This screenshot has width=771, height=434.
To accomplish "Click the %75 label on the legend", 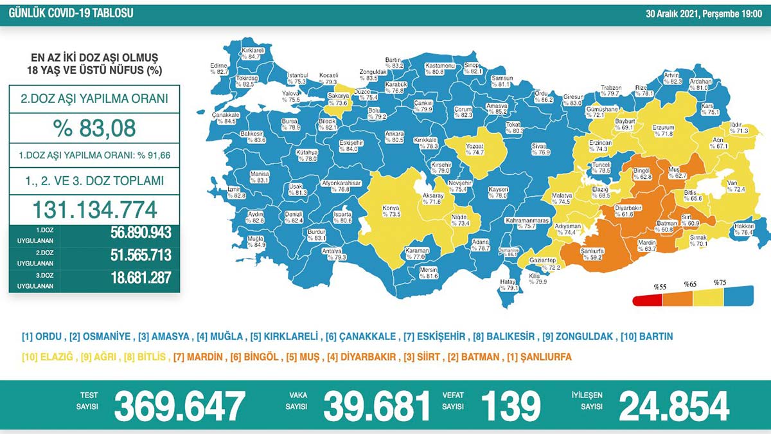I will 719,282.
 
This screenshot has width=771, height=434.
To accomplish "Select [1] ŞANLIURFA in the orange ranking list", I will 542,356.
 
